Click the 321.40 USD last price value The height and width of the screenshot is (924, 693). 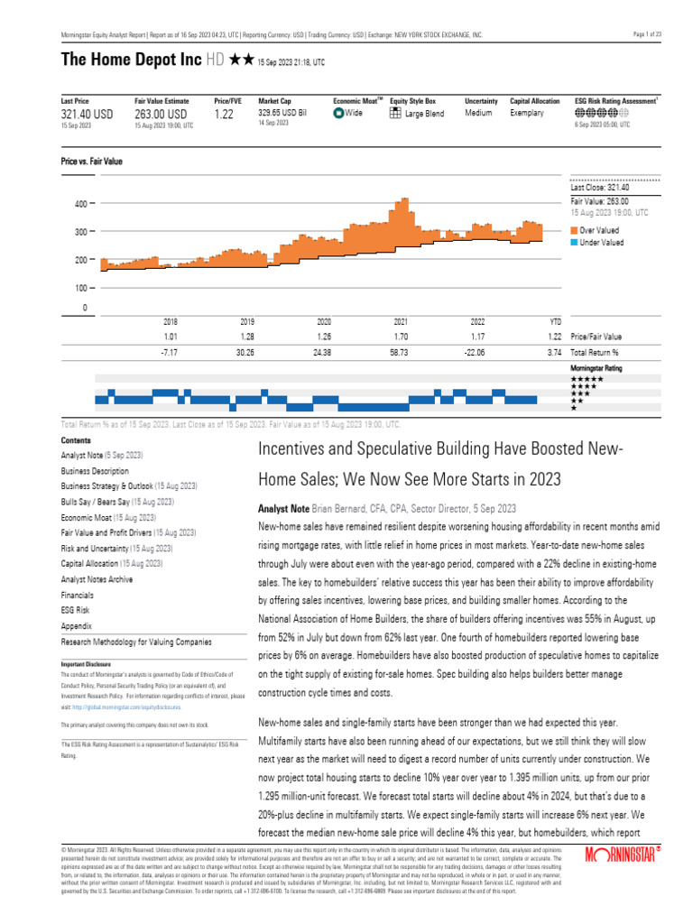(87, 115)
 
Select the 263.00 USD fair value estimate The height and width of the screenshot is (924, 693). (161, 115)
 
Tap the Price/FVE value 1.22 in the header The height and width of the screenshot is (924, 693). (225, 115)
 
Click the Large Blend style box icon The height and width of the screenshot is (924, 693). (395, 114)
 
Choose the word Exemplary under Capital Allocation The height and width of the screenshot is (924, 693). (527, 114)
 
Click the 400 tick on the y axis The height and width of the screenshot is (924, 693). (80, 204)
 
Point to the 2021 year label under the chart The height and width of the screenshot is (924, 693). (402, 321)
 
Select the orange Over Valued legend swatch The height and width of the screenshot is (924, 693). (574, 230)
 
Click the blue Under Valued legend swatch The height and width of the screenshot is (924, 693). (574, 242)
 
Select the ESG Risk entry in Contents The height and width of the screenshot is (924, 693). (75, 610)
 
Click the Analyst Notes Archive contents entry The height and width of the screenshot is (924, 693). (97, 579)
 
